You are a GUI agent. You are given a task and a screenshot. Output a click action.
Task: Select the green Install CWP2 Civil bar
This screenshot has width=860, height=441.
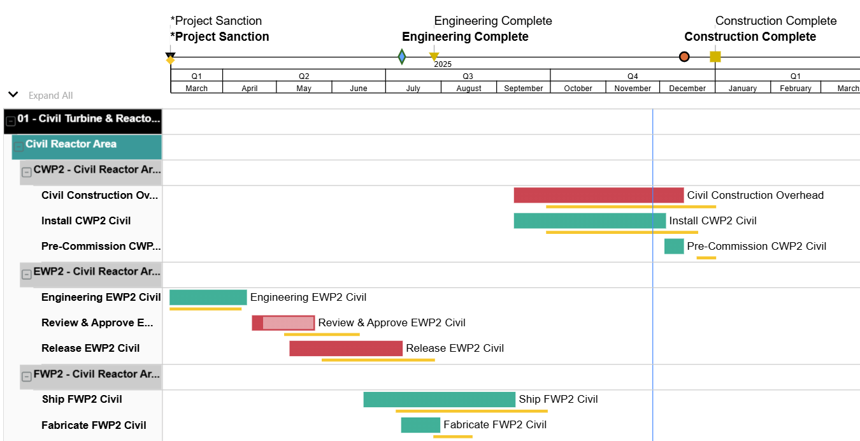589,220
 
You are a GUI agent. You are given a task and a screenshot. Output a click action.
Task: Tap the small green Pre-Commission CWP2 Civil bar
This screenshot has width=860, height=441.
674,246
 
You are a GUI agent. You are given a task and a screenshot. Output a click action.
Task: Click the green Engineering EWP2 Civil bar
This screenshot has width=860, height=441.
208,297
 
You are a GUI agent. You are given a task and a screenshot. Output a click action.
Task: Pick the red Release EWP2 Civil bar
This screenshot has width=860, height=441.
346,348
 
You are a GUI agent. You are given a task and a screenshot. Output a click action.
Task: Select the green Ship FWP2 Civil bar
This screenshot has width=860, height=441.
439,400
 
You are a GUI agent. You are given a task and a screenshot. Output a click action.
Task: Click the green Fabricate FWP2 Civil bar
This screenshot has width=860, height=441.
420,425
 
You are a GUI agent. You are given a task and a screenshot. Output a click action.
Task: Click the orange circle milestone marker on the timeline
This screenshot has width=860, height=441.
684,57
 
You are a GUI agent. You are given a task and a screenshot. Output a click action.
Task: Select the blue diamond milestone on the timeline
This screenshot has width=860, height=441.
402,57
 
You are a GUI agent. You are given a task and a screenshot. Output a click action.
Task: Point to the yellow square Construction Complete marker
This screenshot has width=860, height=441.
715,57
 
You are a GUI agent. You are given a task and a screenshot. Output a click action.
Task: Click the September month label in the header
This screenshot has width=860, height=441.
523,89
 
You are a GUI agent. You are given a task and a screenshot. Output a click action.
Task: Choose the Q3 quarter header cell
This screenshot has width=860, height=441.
468,76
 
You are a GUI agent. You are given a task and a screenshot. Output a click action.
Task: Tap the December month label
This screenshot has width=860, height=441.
687,89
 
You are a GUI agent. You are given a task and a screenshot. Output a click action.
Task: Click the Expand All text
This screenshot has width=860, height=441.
51,96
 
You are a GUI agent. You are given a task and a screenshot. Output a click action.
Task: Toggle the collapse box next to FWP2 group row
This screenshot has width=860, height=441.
27,377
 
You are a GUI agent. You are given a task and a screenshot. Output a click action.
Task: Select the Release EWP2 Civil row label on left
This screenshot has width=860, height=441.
90,348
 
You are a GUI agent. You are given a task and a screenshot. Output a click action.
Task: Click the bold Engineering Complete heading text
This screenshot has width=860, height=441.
465,37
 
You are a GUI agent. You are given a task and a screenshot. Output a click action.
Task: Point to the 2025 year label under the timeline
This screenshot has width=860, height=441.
443,64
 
